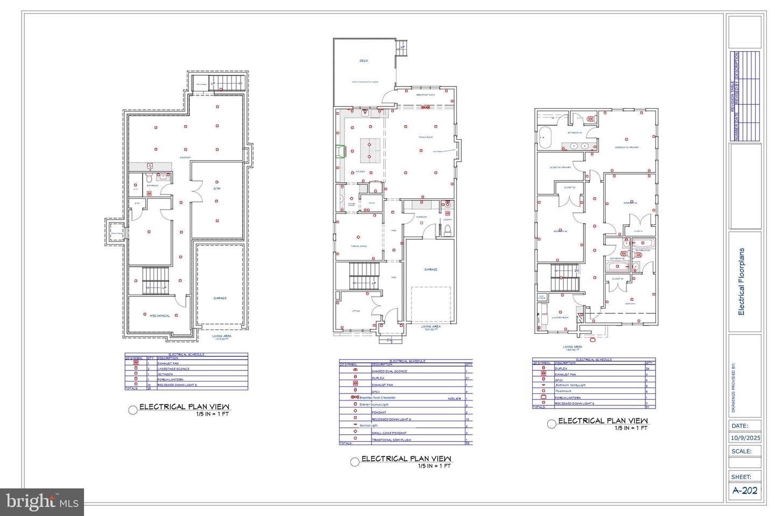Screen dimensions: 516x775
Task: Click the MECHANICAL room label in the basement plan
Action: coord(159,316)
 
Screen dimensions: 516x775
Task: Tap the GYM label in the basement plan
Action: coord(217,189)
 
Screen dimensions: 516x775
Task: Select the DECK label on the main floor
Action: coord(364,61)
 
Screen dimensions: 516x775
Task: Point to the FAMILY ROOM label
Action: coord(426,137)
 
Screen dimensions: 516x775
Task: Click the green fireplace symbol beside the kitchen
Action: coord(340,153)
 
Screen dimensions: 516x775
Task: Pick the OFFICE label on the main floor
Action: coord(356,311)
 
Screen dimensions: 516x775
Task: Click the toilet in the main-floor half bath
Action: coord(446,230)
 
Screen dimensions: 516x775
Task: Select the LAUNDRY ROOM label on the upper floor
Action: coord(560,317)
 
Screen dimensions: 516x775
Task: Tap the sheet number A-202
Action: coord(745,490)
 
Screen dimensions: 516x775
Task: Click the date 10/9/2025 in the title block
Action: coord(745,438)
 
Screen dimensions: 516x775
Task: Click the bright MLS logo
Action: coord(42,502)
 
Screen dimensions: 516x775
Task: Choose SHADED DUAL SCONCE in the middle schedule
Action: coord(389,371)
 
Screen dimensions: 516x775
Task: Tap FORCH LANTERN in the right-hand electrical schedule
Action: coord(566,398)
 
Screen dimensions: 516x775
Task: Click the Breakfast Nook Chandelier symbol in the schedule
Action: coord(355,398)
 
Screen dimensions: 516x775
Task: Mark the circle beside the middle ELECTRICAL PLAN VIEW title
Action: coord(354,462)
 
